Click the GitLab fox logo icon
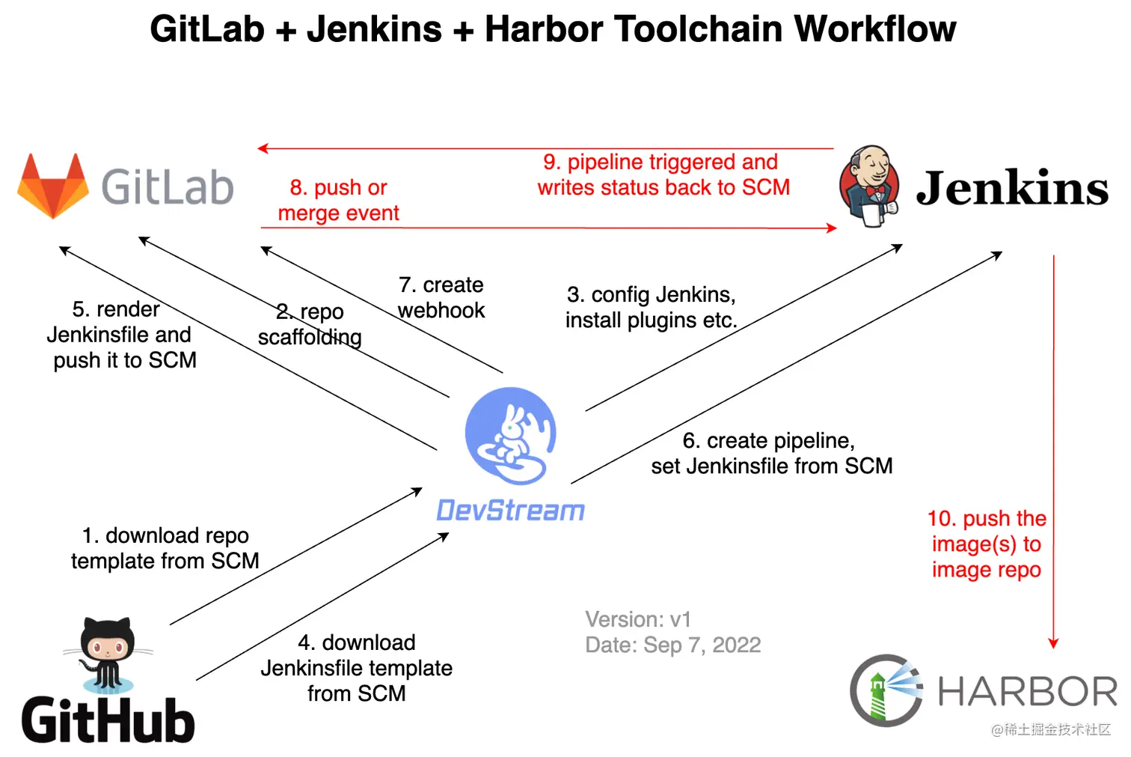click(x=53, y=186)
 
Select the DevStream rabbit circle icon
click(x=511, y=435)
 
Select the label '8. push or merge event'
click(x=338, y=200)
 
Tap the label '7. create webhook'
click(x=441, y=297)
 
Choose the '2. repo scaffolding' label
click(x=310, y=324)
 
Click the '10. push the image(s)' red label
click(x=986, y=544)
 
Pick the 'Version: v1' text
click(x=638, y=619)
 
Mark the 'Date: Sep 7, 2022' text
click(x=672, y=645)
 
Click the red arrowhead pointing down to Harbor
click(x=1053, y=643)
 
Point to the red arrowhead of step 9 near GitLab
click(x=263, y=148)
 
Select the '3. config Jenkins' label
click(x=651, y=307)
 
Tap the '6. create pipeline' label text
click(x=770, y=453)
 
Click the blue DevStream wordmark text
click(x=510, y=511)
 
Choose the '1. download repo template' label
click(x=165, y=548)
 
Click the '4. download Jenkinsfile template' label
click(x=356, y=667)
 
